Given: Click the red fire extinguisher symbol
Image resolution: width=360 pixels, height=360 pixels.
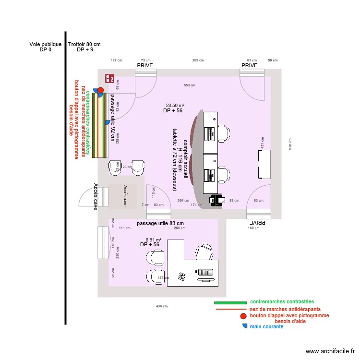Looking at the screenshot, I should click(109, 78).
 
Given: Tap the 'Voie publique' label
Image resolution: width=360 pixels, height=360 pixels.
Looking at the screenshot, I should click(46, 45).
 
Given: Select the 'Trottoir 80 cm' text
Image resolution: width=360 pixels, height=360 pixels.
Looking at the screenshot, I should click(84, 45).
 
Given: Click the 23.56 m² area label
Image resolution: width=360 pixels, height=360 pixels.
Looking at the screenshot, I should click(176, 106).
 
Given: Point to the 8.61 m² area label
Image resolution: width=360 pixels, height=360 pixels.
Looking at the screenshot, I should click(154, 239).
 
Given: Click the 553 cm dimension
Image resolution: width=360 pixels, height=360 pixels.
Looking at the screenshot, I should click(190, 85).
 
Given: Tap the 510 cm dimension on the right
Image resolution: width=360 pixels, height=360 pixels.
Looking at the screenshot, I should click(289, 143).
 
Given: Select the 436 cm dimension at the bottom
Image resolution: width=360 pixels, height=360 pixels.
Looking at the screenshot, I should click(162, 306).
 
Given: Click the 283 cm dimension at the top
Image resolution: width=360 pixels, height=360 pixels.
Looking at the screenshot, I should click(198, 60).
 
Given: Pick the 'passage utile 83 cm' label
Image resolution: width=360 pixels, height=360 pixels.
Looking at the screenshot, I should click(160, 224).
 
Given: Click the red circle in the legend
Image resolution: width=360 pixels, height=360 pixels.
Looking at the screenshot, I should click(244, 316).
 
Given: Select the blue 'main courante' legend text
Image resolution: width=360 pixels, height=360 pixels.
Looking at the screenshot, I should click(266, 327).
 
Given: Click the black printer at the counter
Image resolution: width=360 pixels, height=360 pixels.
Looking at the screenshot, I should click(216, 200).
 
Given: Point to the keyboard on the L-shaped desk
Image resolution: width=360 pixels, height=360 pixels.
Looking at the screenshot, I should click(205, 272).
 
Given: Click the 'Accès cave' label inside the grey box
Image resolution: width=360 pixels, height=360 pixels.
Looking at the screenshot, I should click(125, 196).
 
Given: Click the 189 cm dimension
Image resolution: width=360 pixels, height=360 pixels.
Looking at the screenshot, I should click(253, 228).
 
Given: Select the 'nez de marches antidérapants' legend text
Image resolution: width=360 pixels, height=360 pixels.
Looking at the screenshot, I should click(285, 309).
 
